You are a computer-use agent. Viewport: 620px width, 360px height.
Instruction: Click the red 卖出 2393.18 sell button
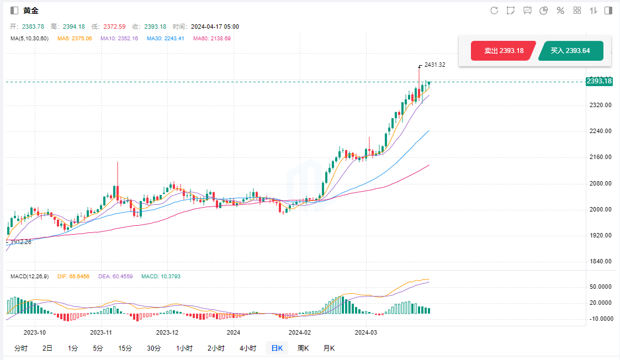[504, 51]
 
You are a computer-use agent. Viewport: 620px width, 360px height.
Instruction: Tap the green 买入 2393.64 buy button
[570, 51]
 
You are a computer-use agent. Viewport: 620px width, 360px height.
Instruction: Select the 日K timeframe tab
[277, 348]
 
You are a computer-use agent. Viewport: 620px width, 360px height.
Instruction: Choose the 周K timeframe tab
[303, 348]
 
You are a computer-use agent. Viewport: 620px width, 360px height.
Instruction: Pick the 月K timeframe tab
[329, 348]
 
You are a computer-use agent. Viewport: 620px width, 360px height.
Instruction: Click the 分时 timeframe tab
[20, 348]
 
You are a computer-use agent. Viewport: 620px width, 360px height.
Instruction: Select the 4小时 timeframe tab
[248, 348]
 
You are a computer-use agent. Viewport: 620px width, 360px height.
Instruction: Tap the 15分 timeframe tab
[125, 348]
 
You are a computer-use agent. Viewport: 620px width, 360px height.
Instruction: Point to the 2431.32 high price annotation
[434, 65]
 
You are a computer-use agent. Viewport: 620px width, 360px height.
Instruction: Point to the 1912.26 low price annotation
[21, 242]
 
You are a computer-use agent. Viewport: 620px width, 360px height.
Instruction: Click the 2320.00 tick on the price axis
[600, 105]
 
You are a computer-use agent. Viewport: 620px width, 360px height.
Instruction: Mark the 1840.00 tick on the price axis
[600, 262]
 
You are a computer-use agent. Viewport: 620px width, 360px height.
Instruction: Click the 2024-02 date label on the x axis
[300, 332]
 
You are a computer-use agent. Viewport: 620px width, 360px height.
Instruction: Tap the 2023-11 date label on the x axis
[101, 332]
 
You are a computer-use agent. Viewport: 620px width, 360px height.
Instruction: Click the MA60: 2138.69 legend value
[211, 39]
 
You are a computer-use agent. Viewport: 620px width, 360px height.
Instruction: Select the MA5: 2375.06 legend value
[75, 39]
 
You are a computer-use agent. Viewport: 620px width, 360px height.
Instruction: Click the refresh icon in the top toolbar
[494, 10]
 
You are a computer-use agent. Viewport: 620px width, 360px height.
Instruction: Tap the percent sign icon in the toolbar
[560, 10]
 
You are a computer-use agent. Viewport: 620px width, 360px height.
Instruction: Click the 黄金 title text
[31, 10]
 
